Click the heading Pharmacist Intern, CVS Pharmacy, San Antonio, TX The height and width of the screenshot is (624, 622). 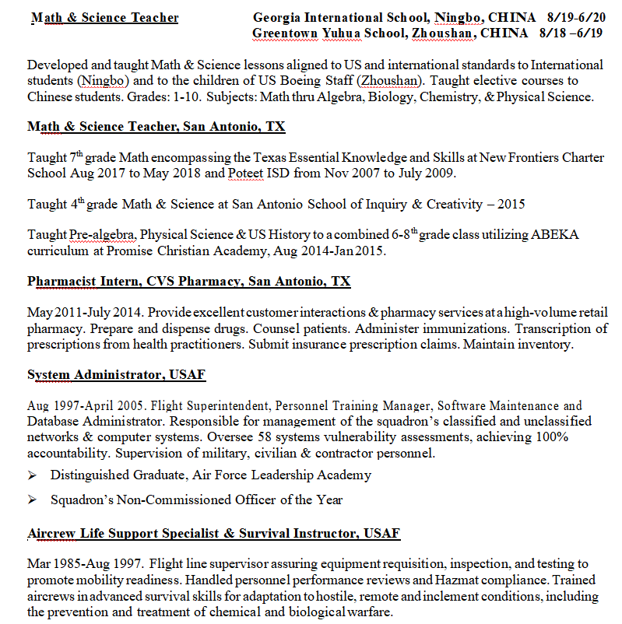pyautogui.click(x=189, y=281)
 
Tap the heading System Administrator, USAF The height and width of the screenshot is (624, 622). pyautogui.click(x=116, y=374)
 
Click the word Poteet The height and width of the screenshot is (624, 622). pyautogui.click(x=245, y=173)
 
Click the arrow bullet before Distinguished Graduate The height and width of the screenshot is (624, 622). pyautogui.click(x=33, y=475)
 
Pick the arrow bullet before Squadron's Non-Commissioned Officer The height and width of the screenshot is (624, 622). pyautogui.click(x=33, y=500)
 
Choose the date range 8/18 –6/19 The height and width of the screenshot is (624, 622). pyautogui.click(x=571, y=33)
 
